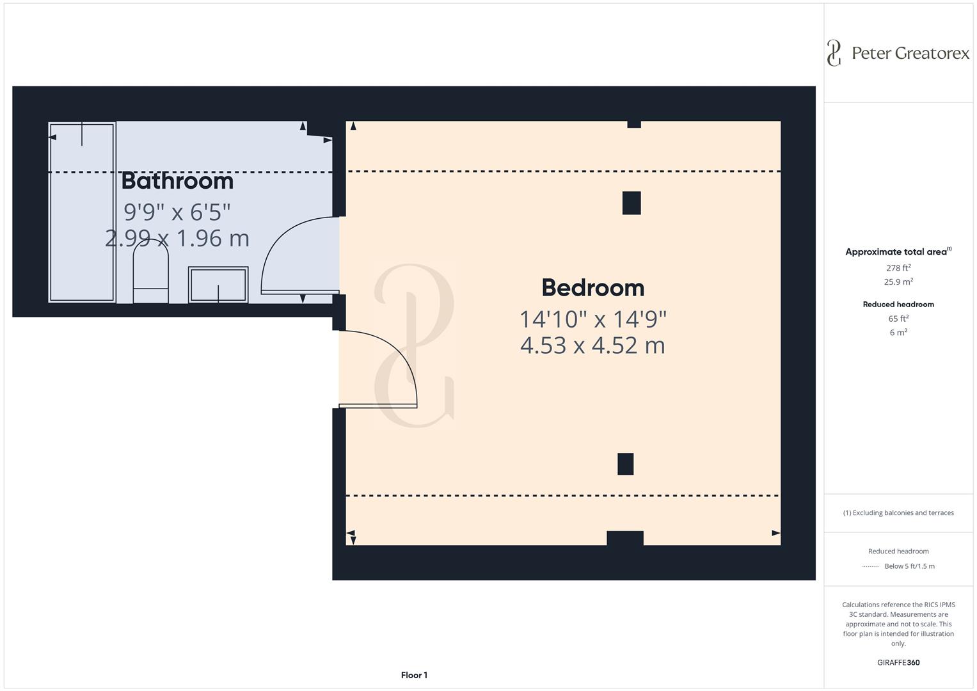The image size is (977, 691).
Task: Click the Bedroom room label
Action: (592, 288)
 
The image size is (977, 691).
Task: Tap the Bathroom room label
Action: (177, 181)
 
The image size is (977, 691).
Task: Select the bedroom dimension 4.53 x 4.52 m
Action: (592, 345)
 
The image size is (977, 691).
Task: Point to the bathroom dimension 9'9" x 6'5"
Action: (177, 211)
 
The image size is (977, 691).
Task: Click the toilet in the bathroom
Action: (150, 275)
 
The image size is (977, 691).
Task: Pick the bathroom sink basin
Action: (218, 285)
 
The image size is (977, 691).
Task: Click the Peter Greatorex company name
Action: (910, 53)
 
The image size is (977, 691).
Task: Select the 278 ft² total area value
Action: (898, 268)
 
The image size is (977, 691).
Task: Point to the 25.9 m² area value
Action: (898, 282)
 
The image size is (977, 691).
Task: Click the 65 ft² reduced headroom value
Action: (898, 319)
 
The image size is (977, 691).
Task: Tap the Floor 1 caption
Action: (414, 675)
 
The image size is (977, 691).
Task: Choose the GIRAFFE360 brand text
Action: (898, 663)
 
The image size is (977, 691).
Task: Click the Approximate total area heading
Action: (897, 252)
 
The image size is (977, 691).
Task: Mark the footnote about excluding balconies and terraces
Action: (898, 512)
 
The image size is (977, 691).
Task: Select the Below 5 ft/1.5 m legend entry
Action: (909, 566)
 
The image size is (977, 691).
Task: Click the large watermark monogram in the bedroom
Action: (415, 345)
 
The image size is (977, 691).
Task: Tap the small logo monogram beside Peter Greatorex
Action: (834, 53)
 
